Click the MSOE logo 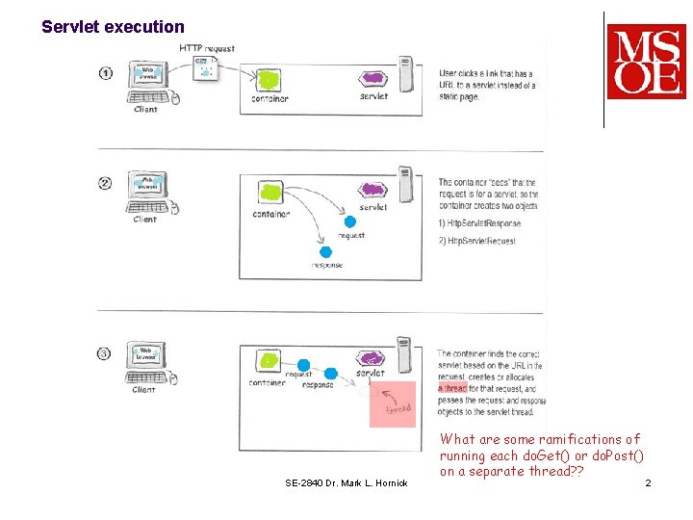[646, 62]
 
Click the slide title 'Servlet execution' [113, 27]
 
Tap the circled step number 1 [106, 73]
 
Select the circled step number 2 [106, 183]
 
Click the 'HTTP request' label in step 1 [206, 48]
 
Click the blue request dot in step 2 [349, 222]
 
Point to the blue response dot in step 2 [324, 250]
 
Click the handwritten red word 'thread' [398, 409]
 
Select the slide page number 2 [648, 482]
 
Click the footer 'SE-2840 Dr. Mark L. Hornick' [346, 482]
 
